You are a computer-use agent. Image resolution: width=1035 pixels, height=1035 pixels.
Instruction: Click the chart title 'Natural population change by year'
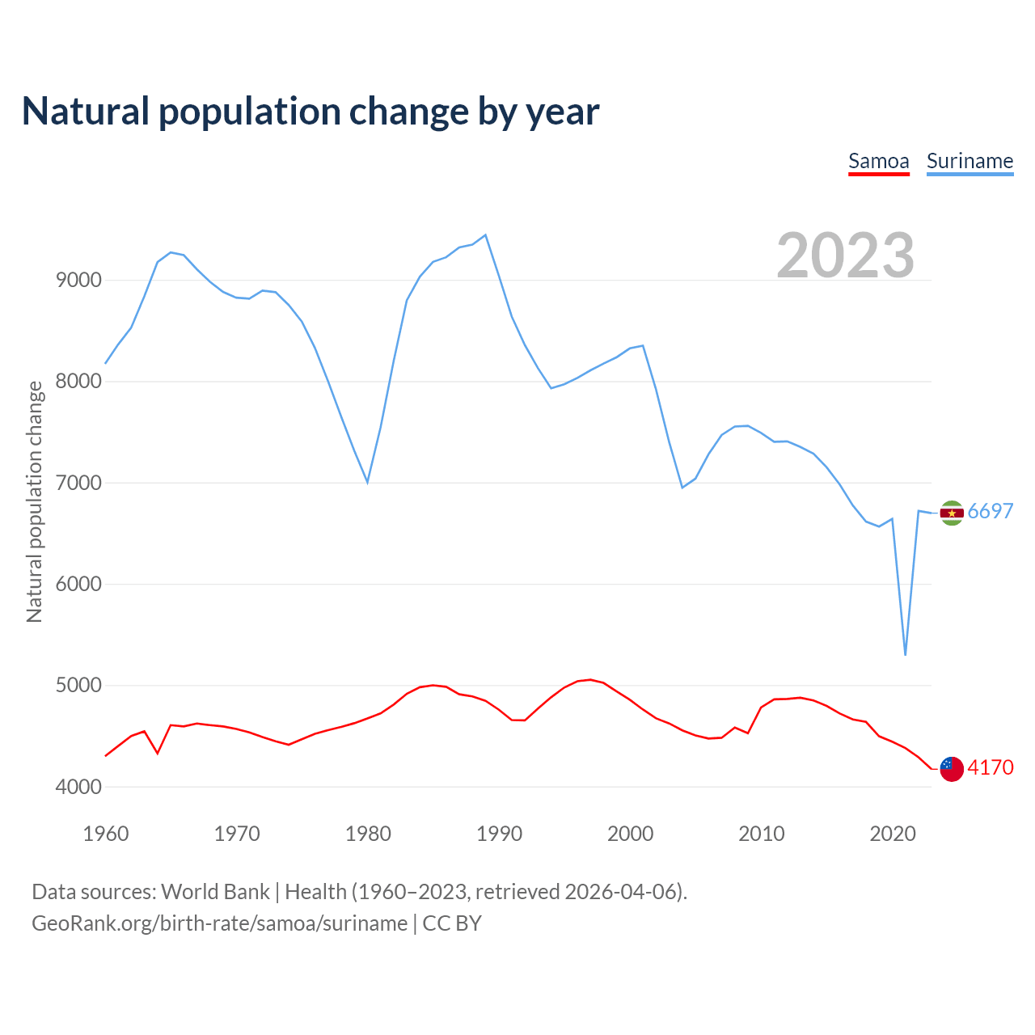click(310, 112)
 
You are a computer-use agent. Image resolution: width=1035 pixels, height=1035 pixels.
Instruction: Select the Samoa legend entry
click(878, 161)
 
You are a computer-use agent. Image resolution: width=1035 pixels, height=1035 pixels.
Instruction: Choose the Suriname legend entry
click(970, 161)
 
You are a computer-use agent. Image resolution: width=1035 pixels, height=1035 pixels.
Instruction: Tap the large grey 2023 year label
click(845, 255)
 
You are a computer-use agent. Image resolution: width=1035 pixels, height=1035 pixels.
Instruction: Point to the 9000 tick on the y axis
click(78, 281)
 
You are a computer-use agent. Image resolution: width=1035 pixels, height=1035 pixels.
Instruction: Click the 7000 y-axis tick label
click(78, 483)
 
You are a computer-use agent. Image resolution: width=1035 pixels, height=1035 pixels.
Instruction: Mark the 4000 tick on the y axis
click(78, 787)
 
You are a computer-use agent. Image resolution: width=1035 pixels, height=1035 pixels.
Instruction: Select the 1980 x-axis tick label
click(368, 834)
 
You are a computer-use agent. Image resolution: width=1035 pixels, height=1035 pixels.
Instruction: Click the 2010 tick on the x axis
click(761, 834)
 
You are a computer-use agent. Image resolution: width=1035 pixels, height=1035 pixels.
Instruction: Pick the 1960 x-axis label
click(106, 834)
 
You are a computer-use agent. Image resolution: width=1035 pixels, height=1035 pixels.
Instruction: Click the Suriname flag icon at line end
click(952, 513)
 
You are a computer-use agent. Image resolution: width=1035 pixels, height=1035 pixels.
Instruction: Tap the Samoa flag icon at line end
click(952, 769)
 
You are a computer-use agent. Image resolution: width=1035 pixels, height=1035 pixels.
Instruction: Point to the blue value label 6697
click(991, 511)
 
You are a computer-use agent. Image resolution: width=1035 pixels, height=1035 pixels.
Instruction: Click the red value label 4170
click(991, 767)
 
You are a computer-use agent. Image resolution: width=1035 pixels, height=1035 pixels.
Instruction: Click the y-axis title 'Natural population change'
click(35, 501)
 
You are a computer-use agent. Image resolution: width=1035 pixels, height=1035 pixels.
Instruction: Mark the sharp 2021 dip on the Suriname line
click(905, 654)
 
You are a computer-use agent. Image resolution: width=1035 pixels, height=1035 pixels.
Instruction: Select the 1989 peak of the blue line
click(485, 235)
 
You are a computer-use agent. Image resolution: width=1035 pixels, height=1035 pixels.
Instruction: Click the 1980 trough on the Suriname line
click(368, 482)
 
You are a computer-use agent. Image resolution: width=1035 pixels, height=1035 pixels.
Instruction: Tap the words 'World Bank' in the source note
click(215, 892)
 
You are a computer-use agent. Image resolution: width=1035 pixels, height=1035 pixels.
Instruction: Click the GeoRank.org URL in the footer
click(219, 923)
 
